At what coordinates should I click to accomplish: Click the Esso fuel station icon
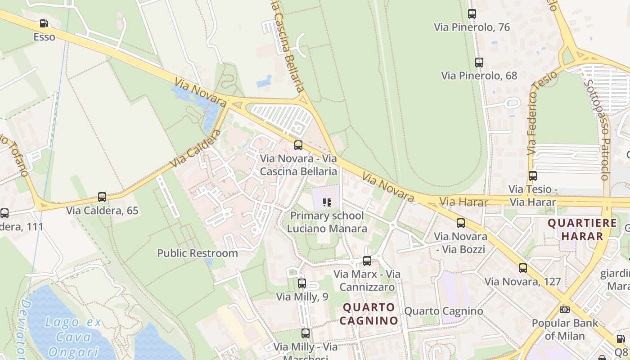point(44,23)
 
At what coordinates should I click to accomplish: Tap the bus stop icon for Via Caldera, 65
point(102,197)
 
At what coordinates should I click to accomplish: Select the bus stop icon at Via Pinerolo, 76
point(472,14)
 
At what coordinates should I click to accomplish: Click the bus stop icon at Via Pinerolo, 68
point(479,63)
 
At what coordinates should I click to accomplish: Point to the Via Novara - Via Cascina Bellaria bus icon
point(298,145)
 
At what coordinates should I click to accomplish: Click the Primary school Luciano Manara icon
point(327,202)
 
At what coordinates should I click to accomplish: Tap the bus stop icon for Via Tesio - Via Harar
point(533,176)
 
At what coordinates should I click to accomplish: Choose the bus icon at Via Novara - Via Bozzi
point(460,223)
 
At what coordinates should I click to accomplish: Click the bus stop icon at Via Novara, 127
point(522,268)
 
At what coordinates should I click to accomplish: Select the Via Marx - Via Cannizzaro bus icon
point(367,261)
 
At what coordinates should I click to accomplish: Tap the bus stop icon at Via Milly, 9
point(302,283)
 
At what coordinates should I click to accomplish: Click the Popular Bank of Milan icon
point(565,310)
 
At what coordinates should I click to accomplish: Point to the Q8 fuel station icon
point(621,339)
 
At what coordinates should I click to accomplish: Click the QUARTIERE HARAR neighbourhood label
point(576,229)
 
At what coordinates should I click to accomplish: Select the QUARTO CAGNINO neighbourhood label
point(369,314)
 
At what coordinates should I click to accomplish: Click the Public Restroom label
point(198,253)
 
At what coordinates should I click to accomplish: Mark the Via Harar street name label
point(463,202)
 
